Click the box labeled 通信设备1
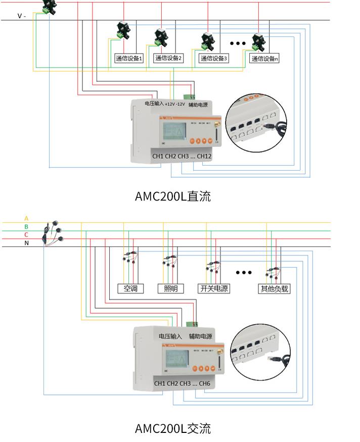click(x=129, y=59)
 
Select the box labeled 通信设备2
click(x=168, y=59)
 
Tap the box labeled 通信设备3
click(x=214, y=59)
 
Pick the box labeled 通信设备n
click(x=265, y=59)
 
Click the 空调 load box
click(x=127, y=289)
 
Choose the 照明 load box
click(x=168, y=289)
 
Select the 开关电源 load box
click(x=214, y=289)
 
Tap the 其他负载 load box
click(x=274, y=289)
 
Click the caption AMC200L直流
click(x=172, y=196)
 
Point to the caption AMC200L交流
click(x=172, y=429)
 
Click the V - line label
click(x=22, y=16)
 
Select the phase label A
click(x=26, y=219)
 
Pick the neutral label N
click(x=26, y=243)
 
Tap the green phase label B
click(x=26, y=227)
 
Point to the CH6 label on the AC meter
click(x=204, y=384)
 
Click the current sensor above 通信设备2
click(x=164, y=36)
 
